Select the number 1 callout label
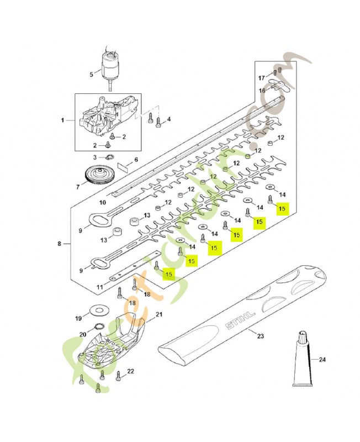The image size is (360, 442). [62, 120]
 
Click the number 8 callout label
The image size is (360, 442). [60, 243]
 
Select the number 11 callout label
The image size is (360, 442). [99, 287]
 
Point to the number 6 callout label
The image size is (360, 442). [136, 160]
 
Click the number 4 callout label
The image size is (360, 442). [168, 119]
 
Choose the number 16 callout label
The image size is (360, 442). [263, 90]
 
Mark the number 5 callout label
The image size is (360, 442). [92, 74]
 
